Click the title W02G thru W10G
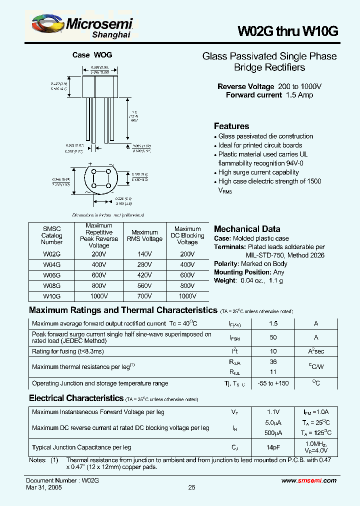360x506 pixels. [x=280, y=31]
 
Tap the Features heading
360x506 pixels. [x=231, y=126]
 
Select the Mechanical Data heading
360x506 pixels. [x=247, y=229]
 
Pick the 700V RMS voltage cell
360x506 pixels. [x=144, y=296]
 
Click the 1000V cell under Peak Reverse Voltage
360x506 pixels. [x=99, y=296]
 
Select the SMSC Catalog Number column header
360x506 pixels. [x=51, y=235]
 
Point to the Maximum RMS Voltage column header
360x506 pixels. [x=144, y=235]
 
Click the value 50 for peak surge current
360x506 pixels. [x=273, y=337]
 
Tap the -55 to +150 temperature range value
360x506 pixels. [x=273, y=383]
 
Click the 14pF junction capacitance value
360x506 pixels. [x=273, y=447]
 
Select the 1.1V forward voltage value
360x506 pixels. [x=273, y=412]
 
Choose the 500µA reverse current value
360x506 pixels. [x=273, y=432]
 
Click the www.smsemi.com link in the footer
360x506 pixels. [x=309, y=480]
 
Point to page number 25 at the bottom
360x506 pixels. [x=192, y=487]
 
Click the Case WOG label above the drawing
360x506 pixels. [x=92, y=55]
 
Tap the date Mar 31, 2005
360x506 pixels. [x=44, y=487]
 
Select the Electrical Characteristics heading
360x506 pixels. [x=76, y=398]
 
